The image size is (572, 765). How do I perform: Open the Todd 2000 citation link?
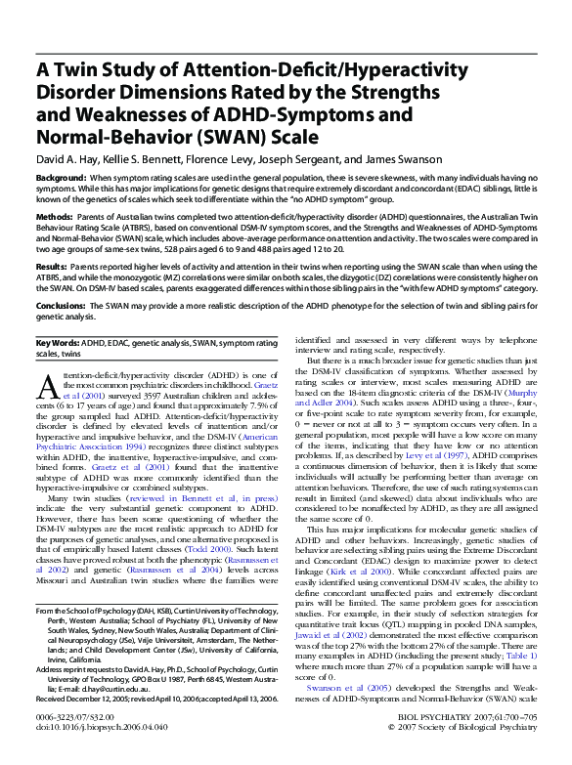click(239, 549)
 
